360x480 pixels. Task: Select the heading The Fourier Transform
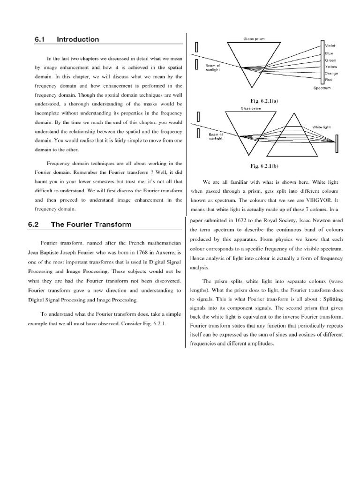coord(91,225)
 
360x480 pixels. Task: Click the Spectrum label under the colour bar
coord(322,88)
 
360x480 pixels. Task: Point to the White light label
coord(322,127)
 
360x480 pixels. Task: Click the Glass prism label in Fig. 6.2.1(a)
coord(254,39)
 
